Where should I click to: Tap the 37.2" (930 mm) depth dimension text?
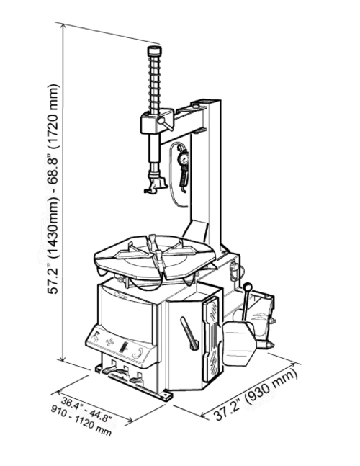click(x=256, y=394)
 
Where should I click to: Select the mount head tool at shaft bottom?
click(x=155, y=184)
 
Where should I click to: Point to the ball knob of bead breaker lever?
click(x=248, y=287)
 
